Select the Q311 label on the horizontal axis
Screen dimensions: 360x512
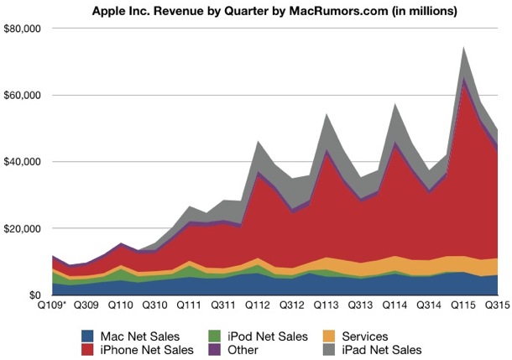pos(222,307)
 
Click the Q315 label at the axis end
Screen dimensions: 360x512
pos(495,307)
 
